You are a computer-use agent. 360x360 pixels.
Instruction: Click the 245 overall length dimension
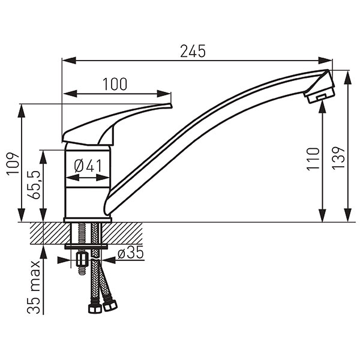pyautogui.click(x=193, y=51)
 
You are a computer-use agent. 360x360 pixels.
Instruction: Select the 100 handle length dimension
pyautogui.click(x=115, y=84)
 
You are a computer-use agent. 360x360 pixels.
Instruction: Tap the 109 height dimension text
pyautogui.click(x=13, y=163)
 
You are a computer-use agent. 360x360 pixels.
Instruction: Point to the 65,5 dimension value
pyautogui.click(x=34, y=185)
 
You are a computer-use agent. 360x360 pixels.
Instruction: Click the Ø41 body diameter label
pyautogui.click(x=88, y=166)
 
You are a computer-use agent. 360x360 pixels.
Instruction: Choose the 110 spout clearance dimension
pyautogui.click(x=313, y=159)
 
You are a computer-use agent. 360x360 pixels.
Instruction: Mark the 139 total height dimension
pyautogui.click(x=338, y=158)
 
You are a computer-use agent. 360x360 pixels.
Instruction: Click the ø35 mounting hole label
pyautogui.click(x=130, y=253)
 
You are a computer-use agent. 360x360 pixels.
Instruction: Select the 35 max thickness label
pyautogui.click(x=34, y=287)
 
